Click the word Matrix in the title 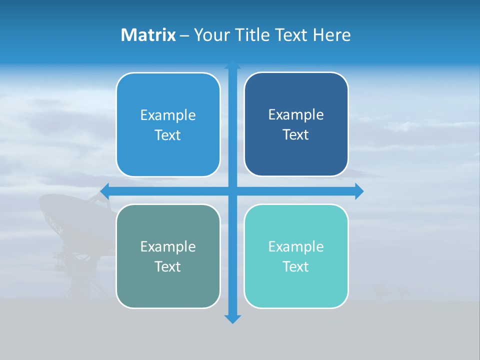click(148, 35)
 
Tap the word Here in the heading click(331, 35)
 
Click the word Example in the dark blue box click(296, 115)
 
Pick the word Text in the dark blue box click(296, 135)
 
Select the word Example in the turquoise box click(296, 246)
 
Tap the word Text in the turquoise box click(296, 266)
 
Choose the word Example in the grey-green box click(168, 246)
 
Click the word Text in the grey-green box click(168, 266)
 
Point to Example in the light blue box click(168, 115)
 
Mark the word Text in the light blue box click(168, 135)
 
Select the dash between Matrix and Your click(184, 35)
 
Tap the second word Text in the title click(290, 35)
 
